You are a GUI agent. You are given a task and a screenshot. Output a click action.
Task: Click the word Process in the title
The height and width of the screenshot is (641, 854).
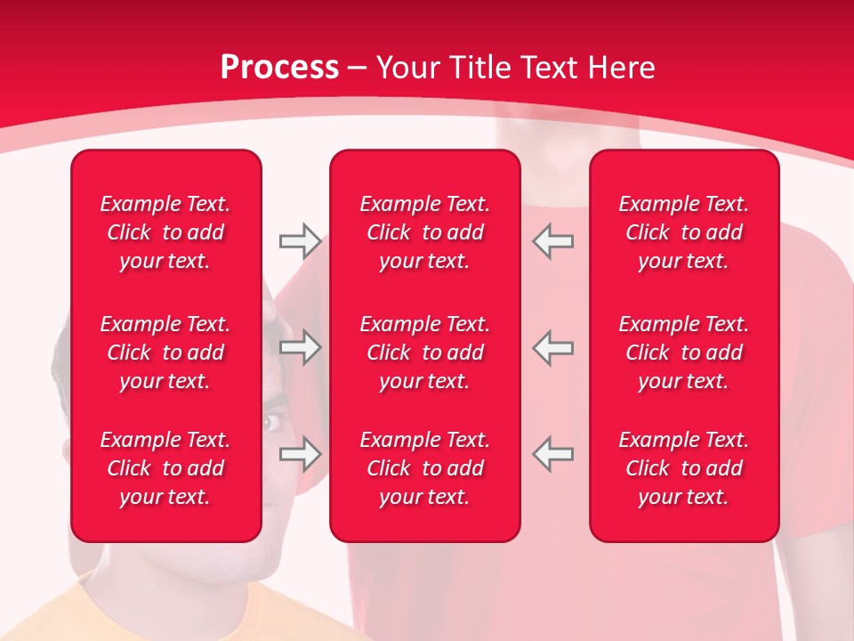pyautogui.click(x=279, y=68)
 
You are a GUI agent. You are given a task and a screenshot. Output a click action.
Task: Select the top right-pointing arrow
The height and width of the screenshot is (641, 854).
pyautogui.click(x=300, y=241)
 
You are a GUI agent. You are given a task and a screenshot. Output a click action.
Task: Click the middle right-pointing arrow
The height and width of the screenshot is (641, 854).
pyautogui.click(x=300, y=347)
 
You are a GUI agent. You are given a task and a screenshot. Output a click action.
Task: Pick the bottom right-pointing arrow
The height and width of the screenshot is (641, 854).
pyautogui.click(x=300, y=454)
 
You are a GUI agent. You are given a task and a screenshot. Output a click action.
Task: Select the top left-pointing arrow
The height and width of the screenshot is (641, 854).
pyautogui.click(x=553, y=241)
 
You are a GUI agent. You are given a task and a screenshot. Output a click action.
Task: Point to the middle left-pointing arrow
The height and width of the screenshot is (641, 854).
pyautogui.click(x=553, y=347)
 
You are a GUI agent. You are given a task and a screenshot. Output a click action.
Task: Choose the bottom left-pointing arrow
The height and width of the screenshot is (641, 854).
pyautogui.click(x=553, y=454)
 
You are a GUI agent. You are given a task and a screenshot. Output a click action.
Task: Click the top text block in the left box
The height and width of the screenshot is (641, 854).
pyautogui.click(x=165, y=232)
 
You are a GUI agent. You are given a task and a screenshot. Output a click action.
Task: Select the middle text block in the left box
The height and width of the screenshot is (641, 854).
pyautogui.click(x=165, y=353)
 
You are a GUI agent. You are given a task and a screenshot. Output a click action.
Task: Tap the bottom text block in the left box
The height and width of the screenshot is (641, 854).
pyautogui.click(x=165, y=468)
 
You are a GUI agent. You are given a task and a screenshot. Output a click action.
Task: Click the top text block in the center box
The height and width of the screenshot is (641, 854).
pyautogui.click(x=424, y=232)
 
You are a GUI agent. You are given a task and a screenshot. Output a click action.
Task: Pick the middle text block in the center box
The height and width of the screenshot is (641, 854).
pyautogui.click(x=424, y=353)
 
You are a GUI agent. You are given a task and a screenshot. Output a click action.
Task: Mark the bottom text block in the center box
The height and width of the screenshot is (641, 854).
pyautogui.click(x=424, y=468)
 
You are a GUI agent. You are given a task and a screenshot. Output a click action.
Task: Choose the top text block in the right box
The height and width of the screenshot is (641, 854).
pyautogui.click(x=683, y=232)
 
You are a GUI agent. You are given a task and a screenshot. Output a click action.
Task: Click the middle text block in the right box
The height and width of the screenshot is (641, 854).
pyautogui.click(x=683, y=353)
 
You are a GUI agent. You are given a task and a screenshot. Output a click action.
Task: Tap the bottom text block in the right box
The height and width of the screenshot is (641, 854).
pyautogui.click(x=683, y=468)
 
